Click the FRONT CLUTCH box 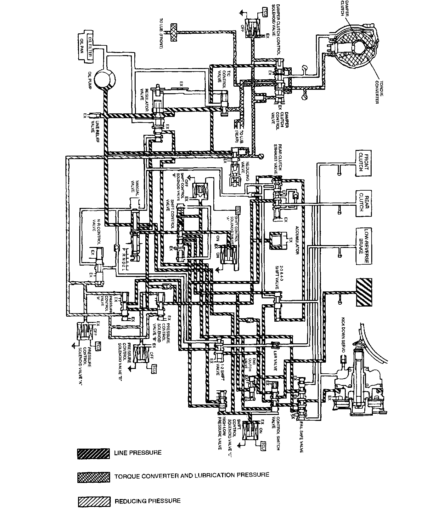363,164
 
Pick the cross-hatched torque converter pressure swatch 93,477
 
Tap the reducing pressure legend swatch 93,501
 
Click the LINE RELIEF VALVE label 93,124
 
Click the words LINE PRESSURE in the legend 138,453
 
